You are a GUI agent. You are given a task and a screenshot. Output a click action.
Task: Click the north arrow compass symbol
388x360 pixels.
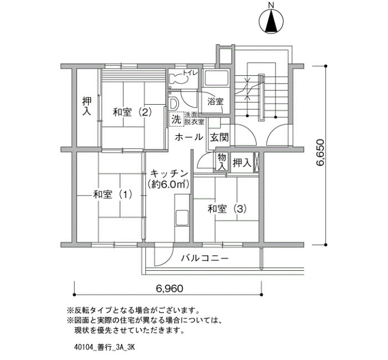click(271, 21)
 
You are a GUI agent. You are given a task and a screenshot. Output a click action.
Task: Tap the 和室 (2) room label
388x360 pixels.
click(132, 112)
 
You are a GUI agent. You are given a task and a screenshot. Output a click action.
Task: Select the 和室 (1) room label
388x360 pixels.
click(113, 194)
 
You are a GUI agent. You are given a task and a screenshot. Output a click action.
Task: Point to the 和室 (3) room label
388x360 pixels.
click(227, 209)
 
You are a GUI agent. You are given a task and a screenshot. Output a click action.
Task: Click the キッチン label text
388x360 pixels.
click(170, 173)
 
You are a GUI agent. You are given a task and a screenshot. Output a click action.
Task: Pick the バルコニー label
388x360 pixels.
click(205, 259)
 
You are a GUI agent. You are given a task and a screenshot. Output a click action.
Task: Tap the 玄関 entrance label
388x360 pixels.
click(219, 137)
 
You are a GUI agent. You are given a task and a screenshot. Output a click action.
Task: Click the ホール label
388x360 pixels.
click(189, 137)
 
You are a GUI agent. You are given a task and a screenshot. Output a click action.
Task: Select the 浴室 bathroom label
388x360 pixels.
click(215, 101)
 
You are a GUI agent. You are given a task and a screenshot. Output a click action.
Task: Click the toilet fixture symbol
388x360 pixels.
click(178, 79)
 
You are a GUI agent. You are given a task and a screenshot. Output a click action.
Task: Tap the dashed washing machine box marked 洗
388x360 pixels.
click(176, 120)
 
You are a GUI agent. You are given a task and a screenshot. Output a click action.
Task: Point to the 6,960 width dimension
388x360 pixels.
click(170, 289)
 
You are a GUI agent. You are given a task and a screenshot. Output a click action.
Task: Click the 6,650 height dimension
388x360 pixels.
click(320, 152)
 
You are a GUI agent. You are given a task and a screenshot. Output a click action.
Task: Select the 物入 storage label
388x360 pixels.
click(222, 162)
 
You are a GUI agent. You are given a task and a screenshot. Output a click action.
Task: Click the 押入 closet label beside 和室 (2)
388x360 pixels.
click(87, 106)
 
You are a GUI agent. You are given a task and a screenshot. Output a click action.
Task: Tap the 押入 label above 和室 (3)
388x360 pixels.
click(242, 162)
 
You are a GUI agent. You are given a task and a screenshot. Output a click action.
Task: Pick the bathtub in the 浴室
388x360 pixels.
click(216, 78)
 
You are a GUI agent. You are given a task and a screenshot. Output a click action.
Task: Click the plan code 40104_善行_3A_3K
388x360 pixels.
click(104, 347)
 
